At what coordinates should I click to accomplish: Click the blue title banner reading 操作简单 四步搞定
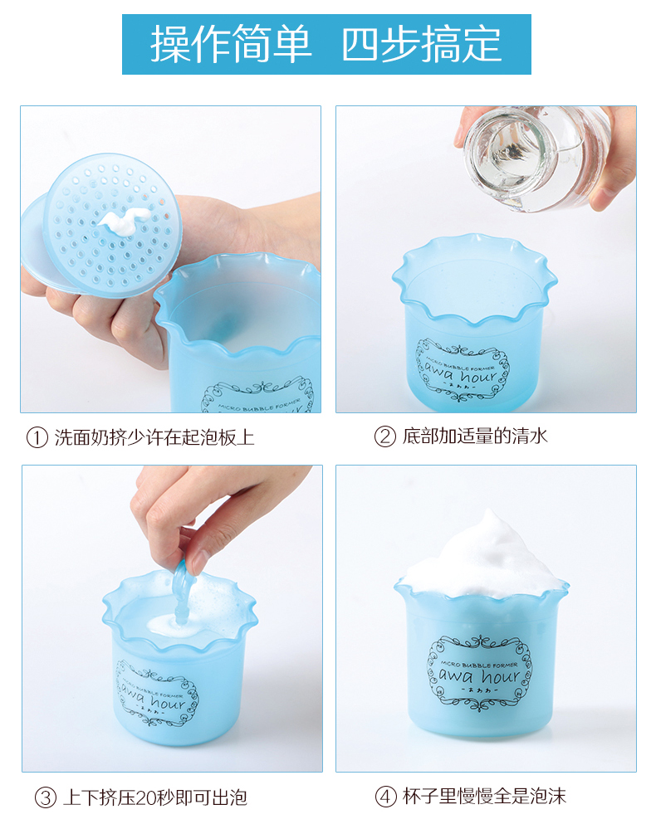pyautogui.click(x=326, y=44)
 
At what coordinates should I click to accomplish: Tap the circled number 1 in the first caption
pyautogui.click(x=37, y=438)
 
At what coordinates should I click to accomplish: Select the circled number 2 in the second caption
pyautogui.click(x=384, y=436)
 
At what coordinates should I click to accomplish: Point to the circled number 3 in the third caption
pyautogui.click(x=45, y=797)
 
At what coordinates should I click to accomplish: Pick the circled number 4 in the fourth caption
pyautogui.click(x=385, y=797)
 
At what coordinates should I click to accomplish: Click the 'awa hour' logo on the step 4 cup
pyautogui.click(x=479, y=674)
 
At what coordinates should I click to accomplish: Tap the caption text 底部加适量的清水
pyautogui.click(x=475, y=436)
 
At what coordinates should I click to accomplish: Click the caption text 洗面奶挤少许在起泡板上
pyautogui.click(x=154, y=438)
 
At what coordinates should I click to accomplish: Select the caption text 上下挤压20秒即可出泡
pyautogui.click(x=155, y=797)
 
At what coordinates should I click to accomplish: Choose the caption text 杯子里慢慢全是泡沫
pyautogui.click(x=484, y=797)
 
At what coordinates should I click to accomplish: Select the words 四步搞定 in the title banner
pyautogui.click(x=421, y=44)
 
